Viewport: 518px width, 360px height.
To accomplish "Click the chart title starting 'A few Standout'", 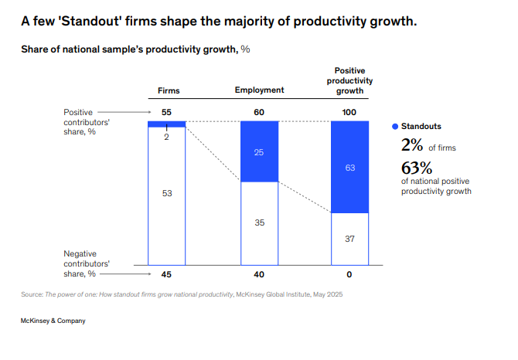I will pyautogui.click(x=219, y=22).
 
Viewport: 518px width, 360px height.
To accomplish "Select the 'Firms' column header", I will pyautogui.click(x=168, y=90).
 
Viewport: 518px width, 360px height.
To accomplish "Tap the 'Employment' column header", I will pyautogui.click(x=259, y=90).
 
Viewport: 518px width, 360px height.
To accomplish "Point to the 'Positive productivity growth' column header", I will pyautogui.click(x=349, y=80).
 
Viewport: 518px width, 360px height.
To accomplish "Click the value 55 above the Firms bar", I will pyautogui.click(x=166, y=112).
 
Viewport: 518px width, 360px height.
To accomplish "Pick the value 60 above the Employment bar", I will pyautogui.click(x=259, y=112).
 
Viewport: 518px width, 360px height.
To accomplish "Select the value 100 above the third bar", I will pyautogui.click(x=349, y=112).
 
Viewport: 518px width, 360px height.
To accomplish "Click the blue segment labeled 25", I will pyautogui.click(x=259, y=152).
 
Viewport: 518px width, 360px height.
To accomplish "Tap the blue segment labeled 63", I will pyautogui.click(x=349, y=167).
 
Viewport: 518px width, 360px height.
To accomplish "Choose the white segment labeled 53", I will pyautogui.click(x=167, y=193).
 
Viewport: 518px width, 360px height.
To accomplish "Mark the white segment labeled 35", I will pyautogui.click(x=259, y=222).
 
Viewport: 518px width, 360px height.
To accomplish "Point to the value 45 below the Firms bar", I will pyautogui.click(x=166, y=273).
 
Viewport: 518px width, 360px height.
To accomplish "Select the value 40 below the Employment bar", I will pyautogui.click(x=259, y=273).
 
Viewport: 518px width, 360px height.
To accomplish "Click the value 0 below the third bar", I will pyautogui.click(x=349, y=273).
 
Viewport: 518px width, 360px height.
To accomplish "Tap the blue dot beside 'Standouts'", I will pyautogui.click(x=395, y=126).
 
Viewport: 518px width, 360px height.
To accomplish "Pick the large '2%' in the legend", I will pyautogui.click(x=411, y=144).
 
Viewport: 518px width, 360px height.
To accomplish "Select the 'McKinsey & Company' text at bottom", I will pyautogui.click(x=53, y=321).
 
